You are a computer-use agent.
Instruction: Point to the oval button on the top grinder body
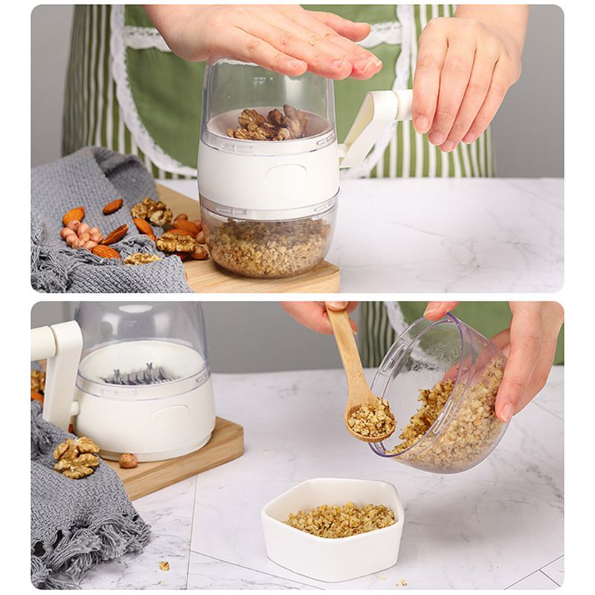286,176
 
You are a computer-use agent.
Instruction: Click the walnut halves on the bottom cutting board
75,455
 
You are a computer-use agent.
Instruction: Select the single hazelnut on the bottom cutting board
128,460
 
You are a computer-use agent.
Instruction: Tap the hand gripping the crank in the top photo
465,74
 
